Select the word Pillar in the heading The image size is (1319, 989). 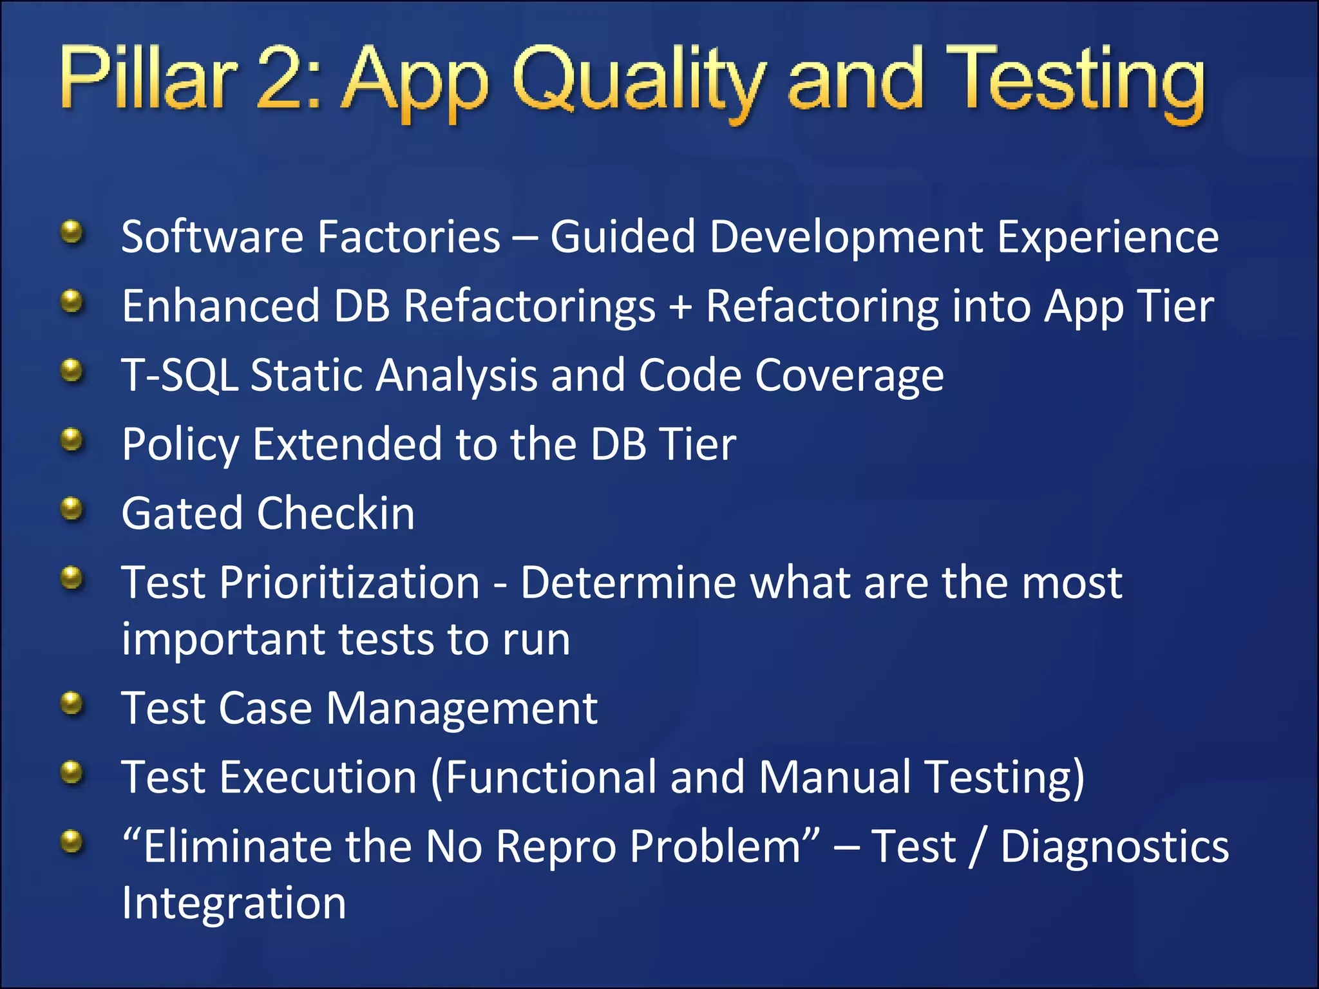coord(147,79)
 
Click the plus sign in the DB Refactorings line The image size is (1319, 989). coord(681,306)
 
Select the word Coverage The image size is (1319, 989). coord(849,376)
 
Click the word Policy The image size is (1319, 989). coord(180,446)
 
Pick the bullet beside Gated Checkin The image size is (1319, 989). coord(73,509)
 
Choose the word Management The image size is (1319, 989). coord(462,708)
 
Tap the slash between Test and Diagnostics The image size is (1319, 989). coord(978,848)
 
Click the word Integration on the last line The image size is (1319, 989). coord(234,903)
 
